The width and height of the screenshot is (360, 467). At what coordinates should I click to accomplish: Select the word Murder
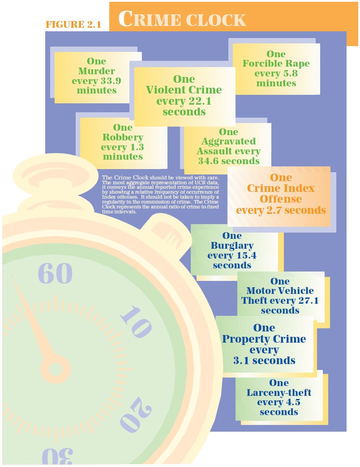96,71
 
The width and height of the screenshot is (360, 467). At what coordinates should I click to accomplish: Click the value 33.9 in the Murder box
110,81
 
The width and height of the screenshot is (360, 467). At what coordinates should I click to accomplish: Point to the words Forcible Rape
276,64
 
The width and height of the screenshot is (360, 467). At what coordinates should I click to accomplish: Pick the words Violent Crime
184,89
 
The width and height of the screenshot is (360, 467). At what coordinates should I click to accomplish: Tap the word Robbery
123,137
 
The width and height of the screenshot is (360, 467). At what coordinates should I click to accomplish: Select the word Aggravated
228,141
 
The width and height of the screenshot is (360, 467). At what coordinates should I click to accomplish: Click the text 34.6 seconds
229,161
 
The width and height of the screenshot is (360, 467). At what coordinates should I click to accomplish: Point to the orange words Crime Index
281,188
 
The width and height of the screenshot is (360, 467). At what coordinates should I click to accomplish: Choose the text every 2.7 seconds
281,210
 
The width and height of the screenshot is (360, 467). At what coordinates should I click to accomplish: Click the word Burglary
232,246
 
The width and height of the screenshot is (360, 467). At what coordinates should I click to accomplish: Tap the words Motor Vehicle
280,291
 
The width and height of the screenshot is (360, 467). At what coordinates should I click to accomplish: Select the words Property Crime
264,339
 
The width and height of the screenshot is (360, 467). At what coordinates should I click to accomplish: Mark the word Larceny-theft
279,393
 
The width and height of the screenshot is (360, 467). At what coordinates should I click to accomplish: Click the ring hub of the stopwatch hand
56,369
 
